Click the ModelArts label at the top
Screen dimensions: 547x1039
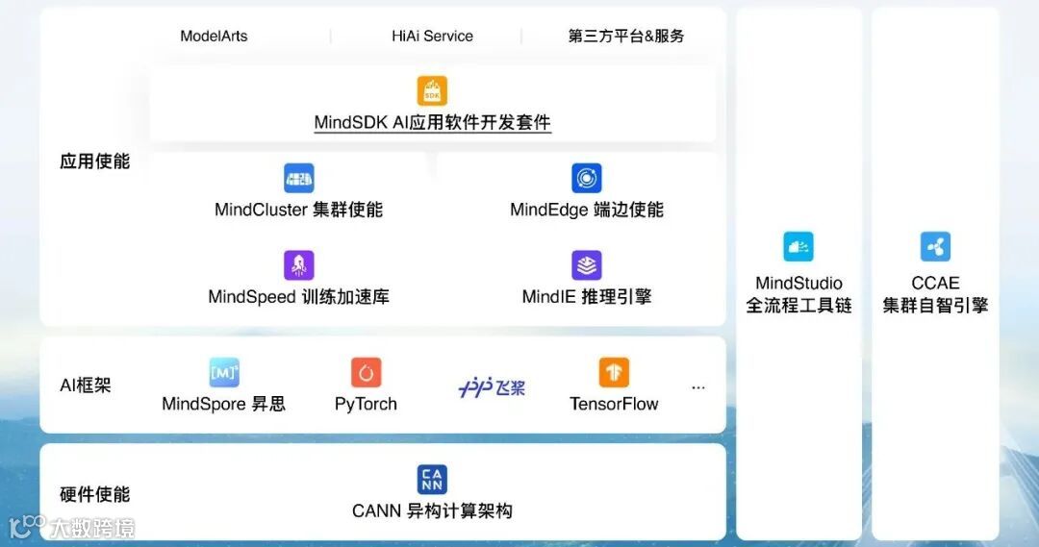214,37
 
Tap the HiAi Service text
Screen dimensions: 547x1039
432,37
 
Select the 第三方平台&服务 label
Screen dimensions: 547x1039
626,37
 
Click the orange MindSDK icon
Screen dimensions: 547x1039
432,91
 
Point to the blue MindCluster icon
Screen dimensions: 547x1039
298,178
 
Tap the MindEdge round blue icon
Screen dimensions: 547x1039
586,178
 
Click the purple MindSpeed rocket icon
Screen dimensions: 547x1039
298,265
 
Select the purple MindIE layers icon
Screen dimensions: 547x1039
586,265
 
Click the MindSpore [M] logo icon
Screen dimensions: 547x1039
224,372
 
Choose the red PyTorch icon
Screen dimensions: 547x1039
366,372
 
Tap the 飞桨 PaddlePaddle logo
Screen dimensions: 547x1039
492,387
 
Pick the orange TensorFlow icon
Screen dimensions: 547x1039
614,372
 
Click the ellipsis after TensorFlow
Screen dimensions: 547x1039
698,387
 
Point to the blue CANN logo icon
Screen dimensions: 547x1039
432,479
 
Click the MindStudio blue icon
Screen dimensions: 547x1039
798,247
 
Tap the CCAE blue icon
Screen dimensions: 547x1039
935,247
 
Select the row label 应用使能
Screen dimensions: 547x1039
94,162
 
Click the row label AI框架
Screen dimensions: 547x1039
86,385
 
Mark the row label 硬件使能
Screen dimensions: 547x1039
94,494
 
